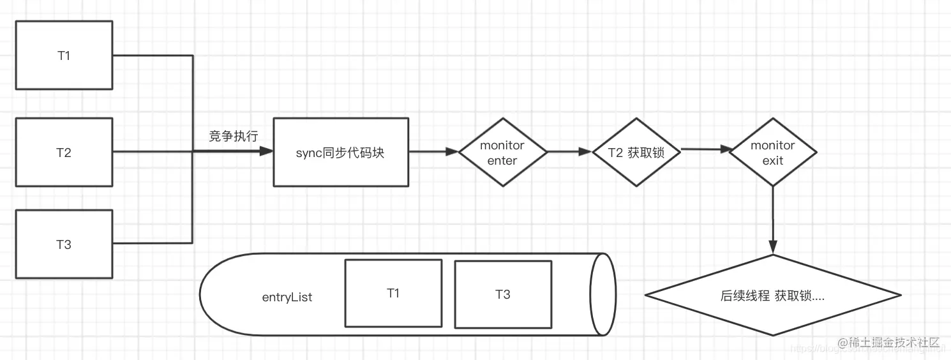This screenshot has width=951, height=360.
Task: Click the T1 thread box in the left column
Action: pos(64,56)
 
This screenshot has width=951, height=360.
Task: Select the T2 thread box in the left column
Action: pos(64,152)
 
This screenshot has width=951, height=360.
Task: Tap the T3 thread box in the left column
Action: pos(64,244)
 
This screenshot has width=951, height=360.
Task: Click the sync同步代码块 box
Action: pos(341,152)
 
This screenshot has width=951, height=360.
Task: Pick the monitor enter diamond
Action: pos(502,152)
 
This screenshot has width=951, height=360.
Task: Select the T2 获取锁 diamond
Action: pos(636,152)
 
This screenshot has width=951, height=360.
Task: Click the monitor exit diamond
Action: pos(772,153)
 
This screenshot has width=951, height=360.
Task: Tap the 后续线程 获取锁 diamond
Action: pos(772,296)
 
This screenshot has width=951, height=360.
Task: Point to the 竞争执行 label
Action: pos(234,136)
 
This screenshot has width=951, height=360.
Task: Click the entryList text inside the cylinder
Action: pos(287,297)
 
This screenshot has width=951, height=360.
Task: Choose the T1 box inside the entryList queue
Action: pos(393,293)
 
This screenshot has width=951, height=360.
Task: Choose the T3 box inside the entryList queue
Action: pos(503,294)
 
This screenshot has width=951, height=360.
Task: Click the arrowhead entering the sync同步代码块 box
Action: pos(266,152)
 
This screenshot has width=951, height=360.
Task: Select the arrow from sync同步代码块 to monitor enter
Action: pos(434,152)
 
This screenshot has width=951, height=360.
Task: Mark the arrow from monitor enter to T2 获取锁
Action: pos(570,152)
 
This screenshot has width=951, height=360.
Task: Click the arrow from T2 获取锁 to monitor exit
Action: pos(706,149)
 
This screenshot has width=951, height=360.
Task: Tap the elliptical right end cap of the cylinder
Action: pos(603,294)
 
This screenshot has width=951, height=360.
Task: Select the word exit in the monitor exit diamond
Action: pos(772,160)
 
